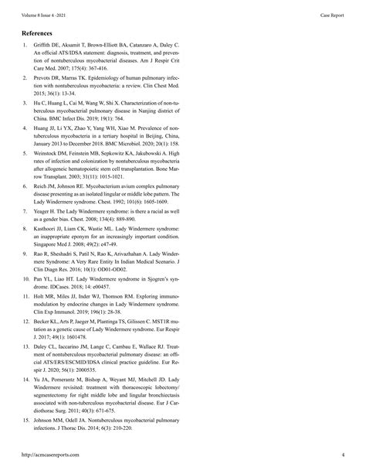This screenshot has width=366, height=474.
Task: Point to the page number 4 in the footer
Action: (x=344, y=455)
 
